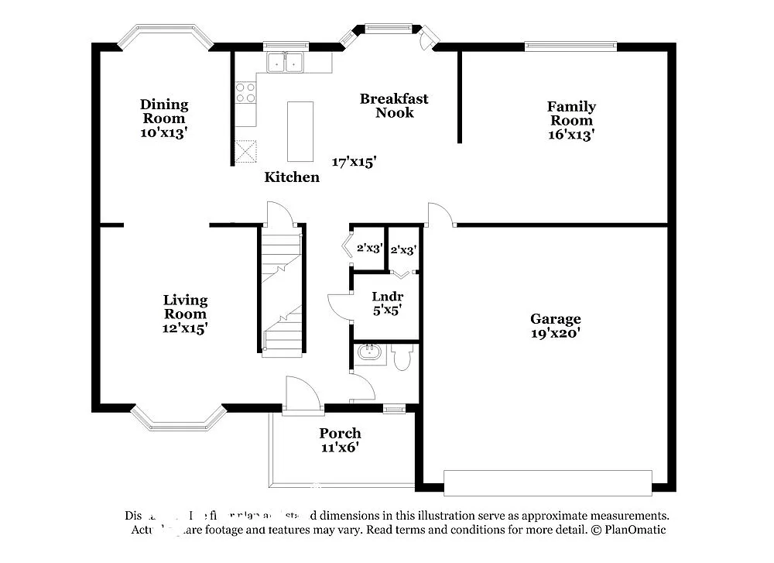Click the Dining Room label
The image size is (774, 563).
(164, 112)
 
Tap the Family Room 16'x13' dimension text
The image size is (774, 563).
(571, 134)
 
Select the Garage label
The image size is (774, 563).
(555, 318)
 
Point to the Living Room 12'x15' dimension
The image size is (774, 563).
(185, 328)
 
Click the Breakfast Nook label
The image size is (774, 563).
(394, 105)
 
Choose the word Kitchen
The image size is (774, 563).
(292, 177)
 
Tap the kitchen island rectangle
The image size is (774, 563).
(300, 131)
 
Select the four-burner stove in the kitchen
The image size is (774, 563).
(246, 93)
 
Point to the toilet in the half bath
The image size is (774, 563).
(402, 357)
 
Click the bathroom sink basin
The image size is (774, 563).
(368, 355)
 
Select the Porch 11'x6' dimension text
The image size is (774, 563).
(340, 448)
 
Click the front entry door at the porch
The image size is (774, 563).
(302, 397)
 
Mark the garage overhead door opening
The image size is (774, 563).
(548, 482)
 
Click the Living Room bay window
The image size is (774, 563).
(178, 419)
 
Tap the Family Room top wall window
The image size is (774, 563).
(571, 46)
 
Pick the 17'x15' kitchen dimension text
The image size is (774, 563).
(354, 162)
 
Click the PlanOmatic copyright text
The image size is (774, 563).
(628, 530)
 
